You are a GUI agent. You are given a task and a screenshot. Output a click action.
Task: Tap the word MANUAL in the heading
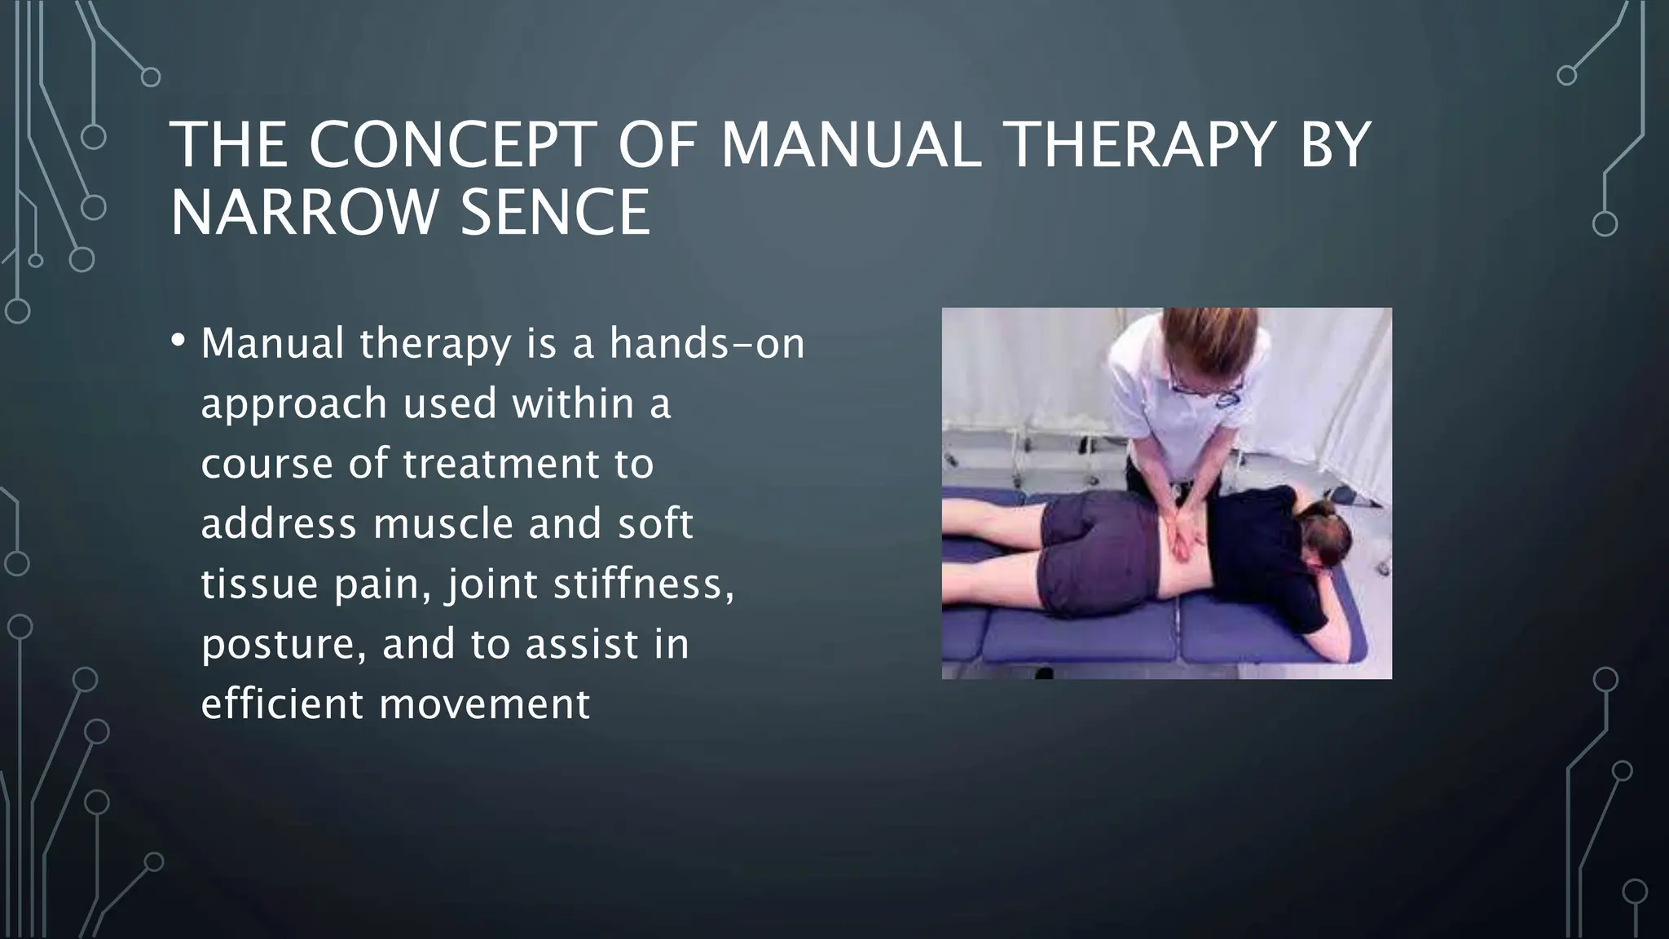850,146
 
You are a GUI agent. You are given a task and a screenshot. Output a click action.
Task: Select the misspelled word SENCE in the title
555,213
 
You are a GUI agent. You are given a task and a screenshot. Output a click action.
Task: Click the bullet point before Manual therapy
179,342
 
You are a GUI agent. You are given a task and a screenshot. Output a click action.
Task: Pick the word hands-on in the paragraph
707,343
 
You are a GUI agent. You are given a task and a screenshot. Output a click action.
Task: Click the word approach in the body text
293,404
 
